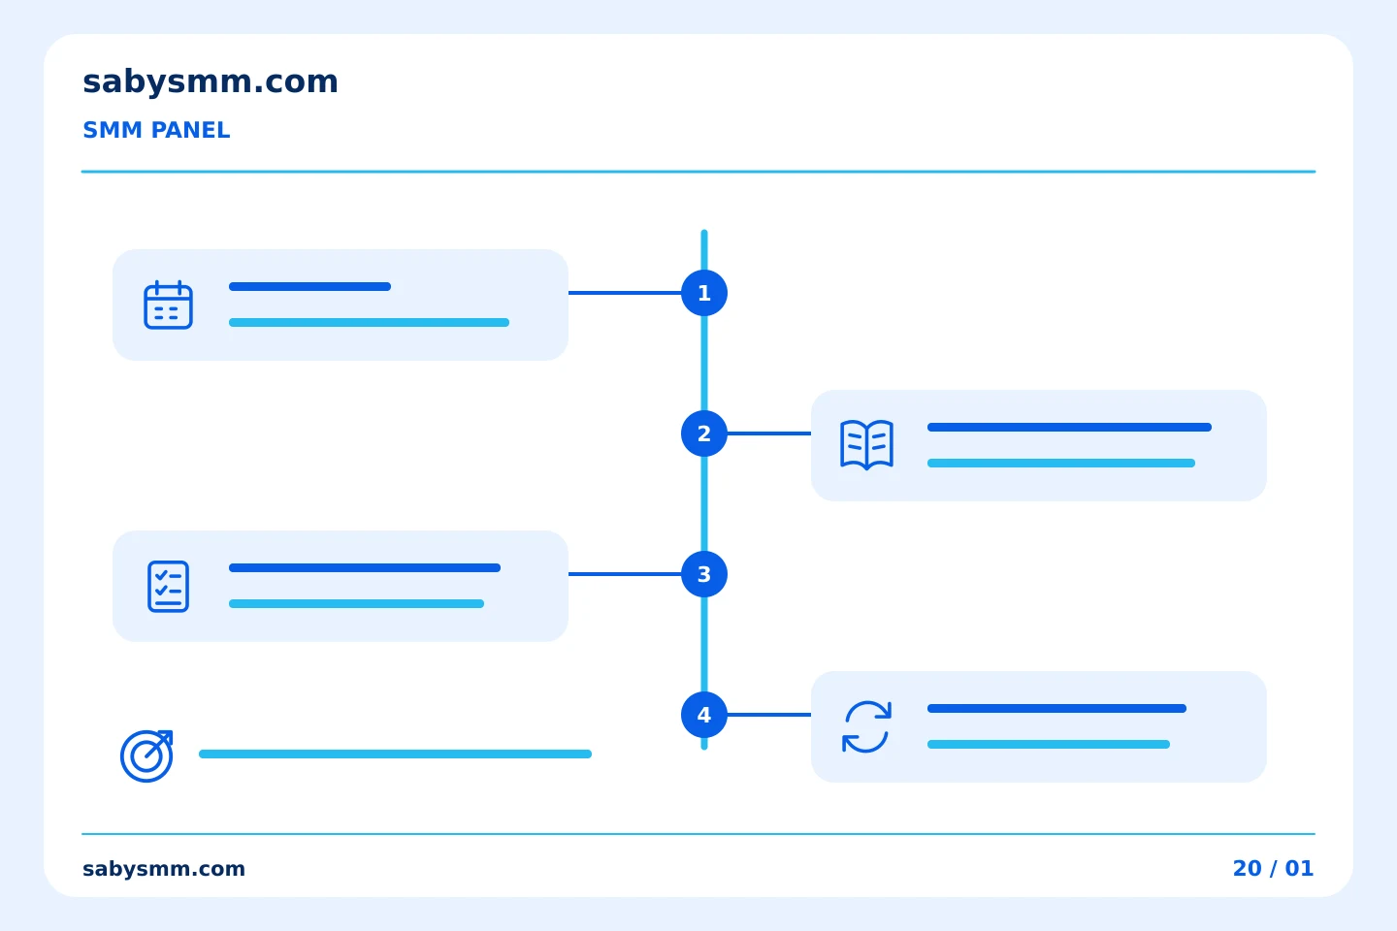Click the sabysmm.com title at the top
click(211, 82)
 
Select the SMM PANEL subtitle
click(156, 130)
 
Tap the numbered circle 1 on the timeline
click(704, 293)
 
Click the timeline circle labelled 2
click(704, 433)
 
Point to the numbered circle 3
click(704, 574)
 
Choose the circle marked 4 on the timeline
click(704, 715)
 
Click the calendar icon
click(169, 305)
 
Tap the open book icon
click(867, 444)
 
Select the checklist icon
click(169, 586)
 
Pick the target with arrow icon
click(146, 755)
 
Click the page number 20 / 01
click(1273, 869)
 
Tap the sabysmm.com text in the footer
click(163, 869)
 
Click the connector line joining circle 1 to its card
click(625, 293)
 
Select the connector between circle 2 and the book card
click(769, 433)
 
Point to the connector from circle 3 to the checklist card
click(625, 574)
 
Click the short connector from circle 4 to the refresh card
click(769, 715)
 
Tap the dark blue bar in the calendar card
click(310, 287)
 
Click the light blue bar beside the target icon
click(395, 754)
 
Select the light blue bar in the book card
click(1061, 464)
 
